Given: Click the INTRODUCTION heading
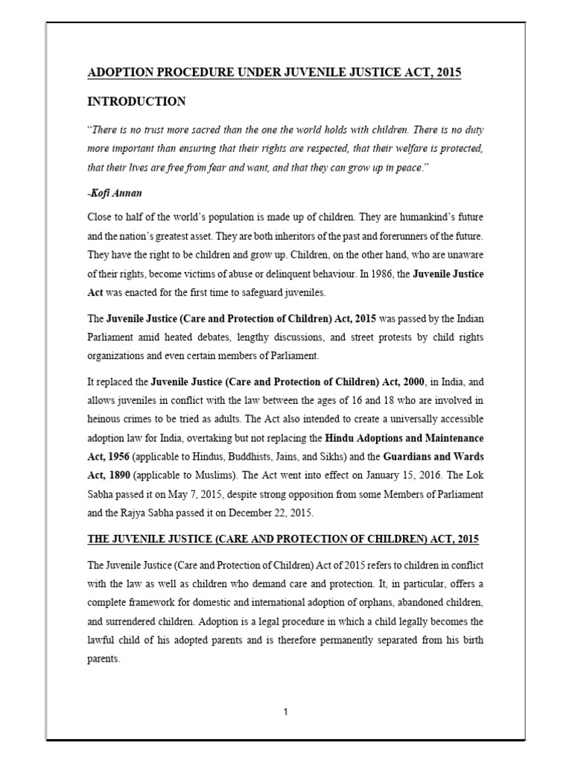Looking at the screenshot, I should click(137, 101).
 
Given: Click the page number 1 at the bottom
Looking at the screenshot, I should click(285, 712).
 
